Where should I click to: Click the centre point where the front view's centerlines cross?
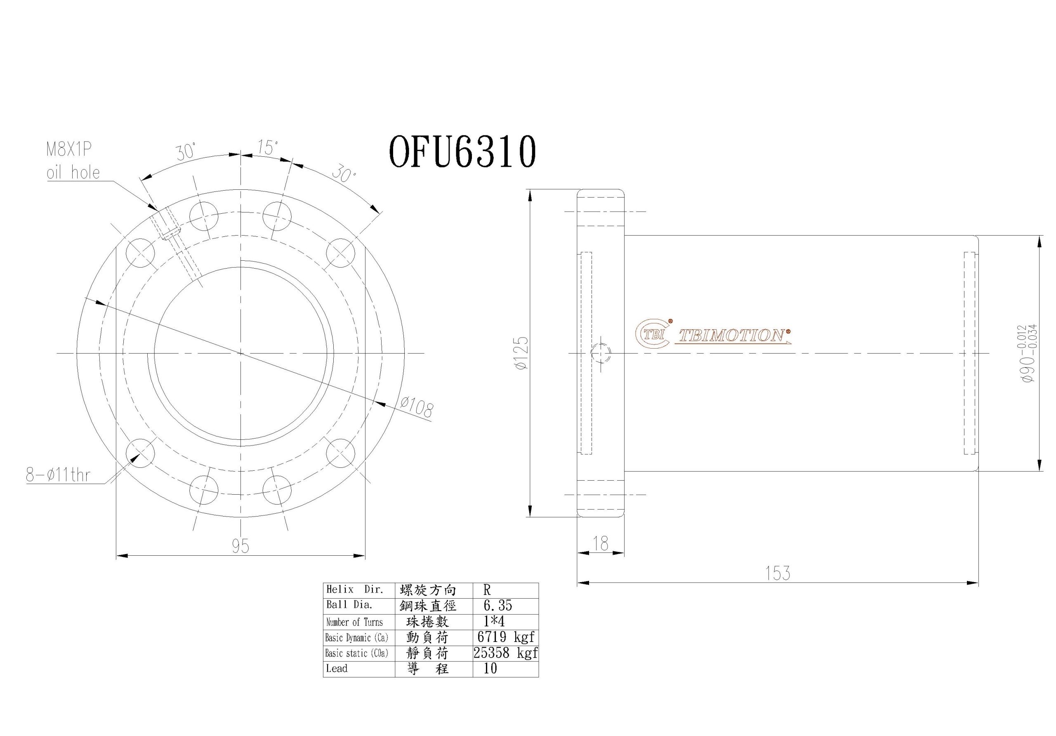pyautogui.click(x=240, y=353)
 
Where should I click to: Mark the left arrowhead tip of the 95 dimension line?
pyautogui.click(x=116, y=556)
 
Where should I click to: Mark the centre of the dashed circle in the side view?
pyautogui.click(x=601, y=353)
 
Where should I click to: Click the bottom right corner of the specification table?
pyautogui.click(x=539, y=677)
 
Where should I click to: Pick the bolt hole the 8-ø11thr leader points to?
pyautogui.click(x=140, y=453)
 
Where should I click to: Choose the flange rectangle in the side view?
pyautogui.click(x=601, y=353)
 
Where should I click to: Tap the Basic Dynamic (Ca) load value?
pyautogui.click(x=506, y=637)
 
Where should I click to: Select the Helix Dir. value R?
pyautogui.click(x=487, y=590)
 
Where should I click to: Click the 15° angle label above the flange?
pyautogui.click(x=268, y=148)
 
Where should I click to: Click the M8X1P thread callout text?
pyautogui.click(x=69, y=149)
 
